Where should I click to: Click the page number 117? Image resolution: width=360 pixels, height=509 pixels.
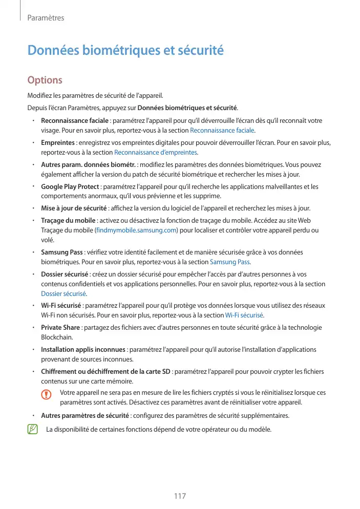[179, 496]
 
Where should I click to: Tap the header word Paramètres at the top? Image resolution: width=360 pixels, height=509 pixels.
[45, 18]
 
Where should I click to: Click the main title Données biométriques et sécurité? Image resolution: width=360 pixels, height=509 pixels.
[125, 51]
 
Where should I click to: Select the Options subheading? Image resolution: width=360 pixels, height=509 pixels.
[45, 80]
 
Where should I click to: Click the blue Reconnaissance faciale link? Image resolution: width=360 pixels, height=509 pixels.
[222, 130]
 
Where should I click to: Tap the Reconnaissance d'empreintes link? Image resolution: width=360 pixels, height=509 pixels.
[156, 152]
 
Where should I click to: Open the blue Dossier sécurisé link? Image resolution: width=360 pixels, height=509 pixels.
[63, 293]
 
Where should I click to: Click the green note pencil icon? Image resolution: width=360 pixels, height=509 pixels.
[33, 429]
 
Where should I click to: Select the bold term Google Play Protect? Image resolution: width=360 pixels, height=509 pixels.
[70, 187]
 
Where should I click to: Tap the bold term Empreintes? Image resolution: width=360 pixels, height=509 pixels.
[58, 143]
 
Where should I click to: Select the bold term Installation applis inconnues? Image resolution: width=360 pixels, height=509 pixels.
[83, 350]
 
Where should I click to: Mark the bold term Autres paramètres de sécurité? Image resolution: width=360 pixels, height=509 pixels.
[86, 415]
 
